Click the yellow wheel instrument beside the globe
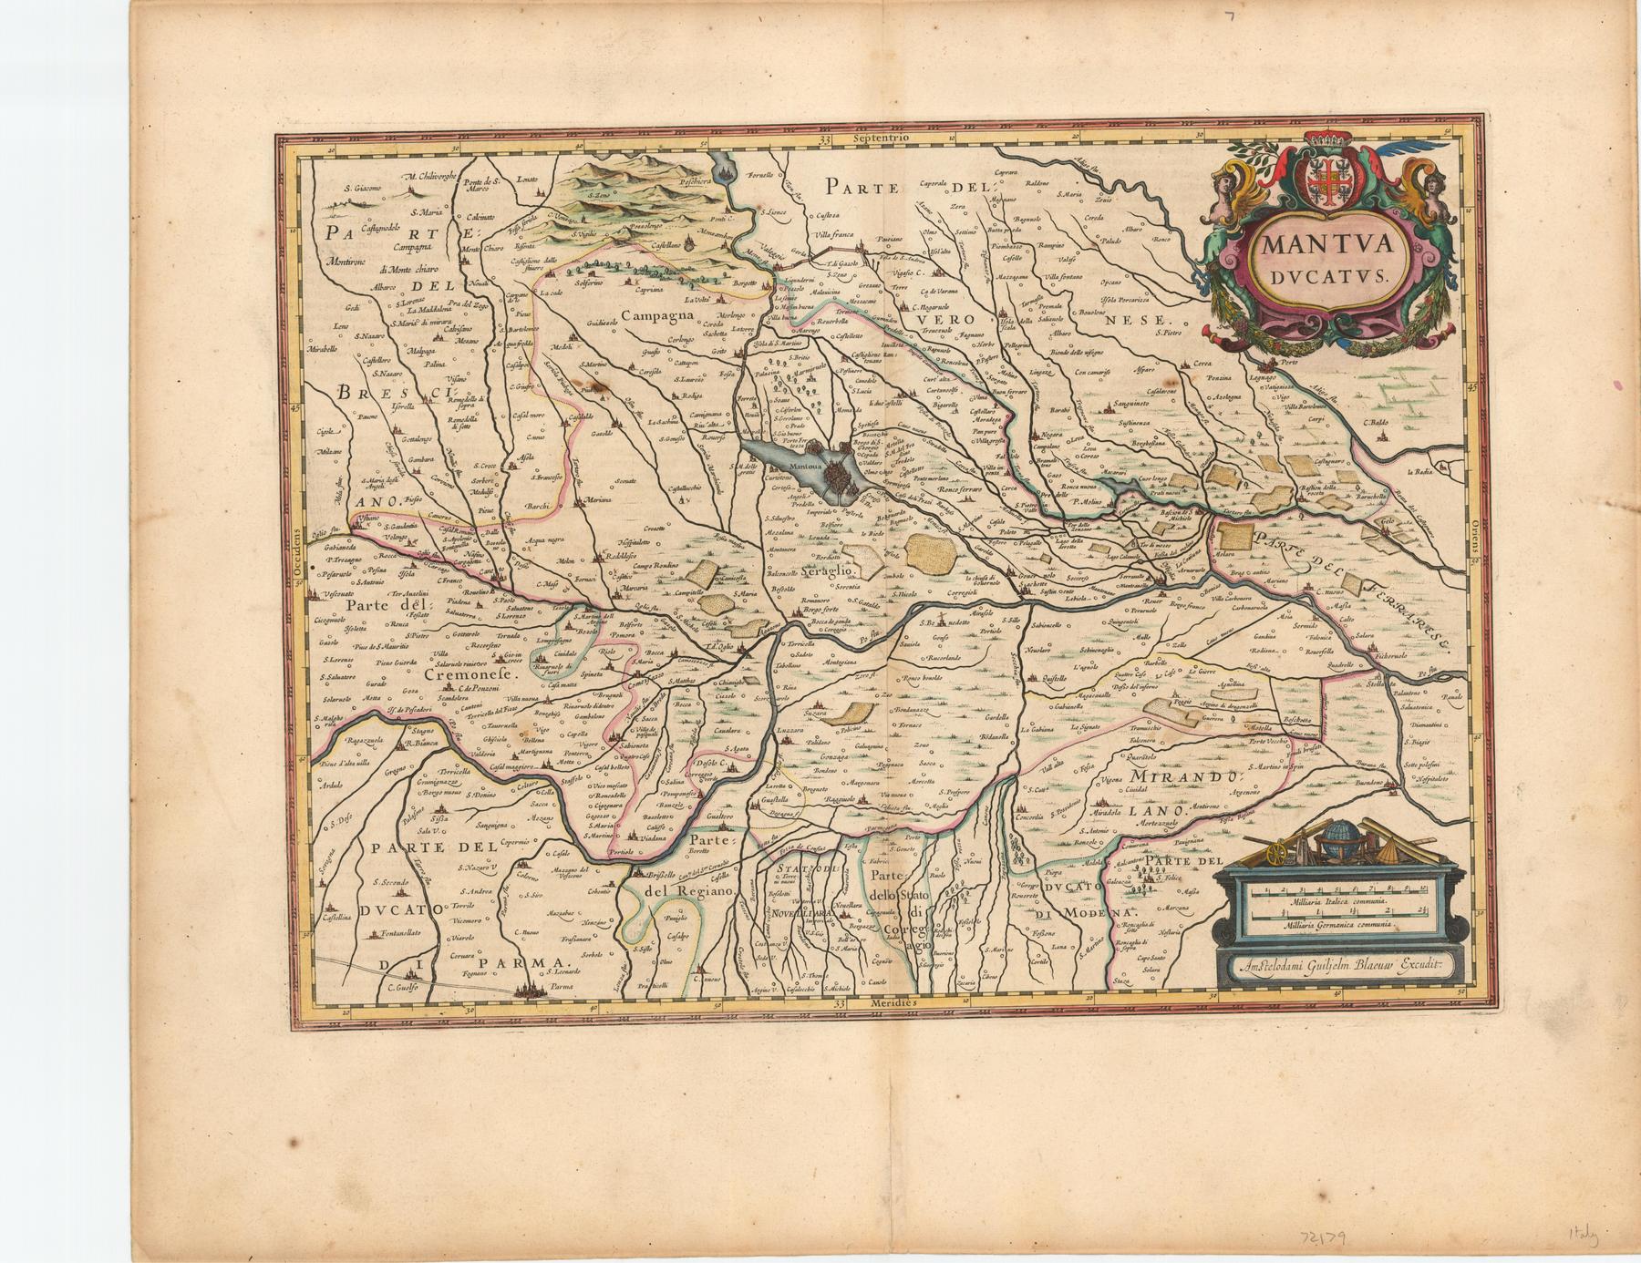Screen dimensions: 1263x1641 pos(1283,853)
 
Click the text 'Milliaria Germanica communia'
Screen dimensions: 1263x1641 pos(1337,925)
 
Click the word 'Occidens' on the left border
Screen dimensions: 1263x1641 pos(295,559)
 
